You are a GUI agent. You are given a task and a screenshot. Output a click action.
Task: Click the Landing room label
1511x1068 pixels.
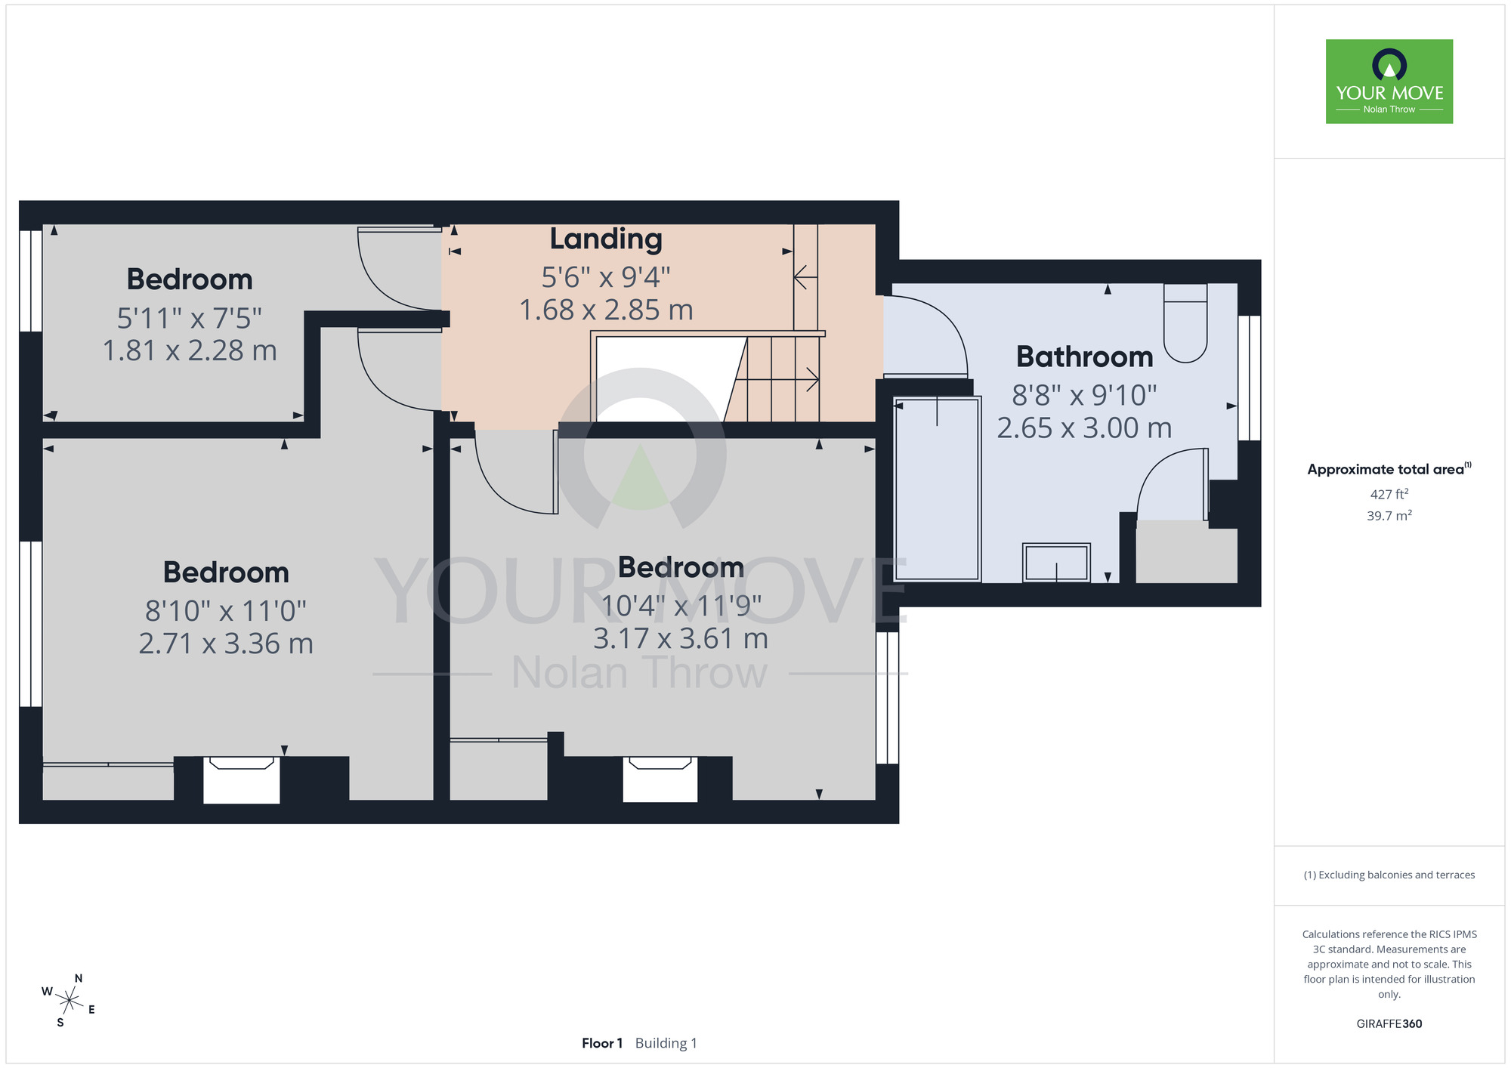(606, 239)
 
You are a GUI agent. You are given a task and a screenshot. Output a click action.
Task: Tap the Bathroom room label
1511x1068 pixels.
(1084, 357)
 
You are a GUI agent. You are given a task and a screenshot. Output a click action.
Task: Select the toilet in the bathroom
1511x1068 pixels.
(1185, 323)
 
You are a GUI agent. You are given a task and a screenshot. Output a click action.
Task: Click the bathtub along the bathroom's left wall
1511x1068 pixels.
(937, 489)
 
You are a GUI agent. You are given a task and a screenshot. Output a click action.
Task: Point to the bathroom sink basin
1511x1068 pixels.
(1056, 563)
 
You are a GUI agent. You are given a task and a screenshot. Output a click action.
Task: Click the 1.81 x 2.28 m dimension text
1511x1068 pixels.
(190, 350)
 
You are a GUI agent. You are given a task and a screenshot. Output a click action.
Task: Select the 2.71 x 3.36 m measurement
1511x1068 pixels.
(226, 644)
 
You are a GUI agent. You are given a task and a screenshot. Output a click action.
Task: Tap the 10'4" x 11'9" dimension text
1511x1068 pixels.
(681, 605)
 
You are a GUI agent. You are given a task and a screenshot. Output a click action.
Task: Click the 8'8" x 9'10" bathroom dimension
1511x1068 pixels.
(1084, 395)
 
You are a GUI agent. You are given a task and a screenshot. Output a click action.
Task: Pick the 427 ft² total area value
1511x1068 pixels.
(1389, 494)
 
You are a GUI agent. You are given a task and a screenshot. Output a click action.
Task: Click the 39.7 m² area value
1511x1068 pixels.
(1389, 516)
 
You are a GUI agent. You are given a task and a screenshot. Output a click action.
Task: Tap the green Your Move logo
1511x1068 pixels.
(1389, 82)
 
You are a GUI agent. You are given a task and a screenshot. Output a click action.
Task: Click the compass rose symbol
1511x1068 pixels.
(68, 1002)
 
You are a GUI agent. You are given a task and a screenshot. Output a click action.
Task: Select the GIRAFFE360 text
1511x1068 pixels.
(1389, 1024)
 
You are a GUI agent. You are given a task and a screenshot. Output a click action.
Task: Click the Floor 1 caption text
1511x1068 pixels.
(602, 1043)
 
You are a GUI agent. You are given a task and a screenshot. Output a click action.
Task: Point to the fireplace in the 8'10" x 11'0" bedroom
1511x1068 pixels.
(242, 779)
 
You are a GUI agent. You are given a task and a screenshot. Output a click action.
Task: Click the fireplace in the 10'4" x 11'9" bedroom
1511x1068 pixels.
(660, 779)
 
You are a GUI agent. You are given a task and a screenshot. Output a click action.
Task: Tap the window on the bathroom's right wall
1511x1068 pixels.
(1250, 378)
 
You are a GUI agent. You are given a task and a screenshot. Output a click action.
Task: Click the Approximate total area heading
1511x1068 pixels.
(1389, 469)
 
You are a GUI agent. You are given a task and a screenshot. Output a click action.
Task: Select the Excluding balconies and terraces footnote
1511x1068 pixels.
(1389, 875)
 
